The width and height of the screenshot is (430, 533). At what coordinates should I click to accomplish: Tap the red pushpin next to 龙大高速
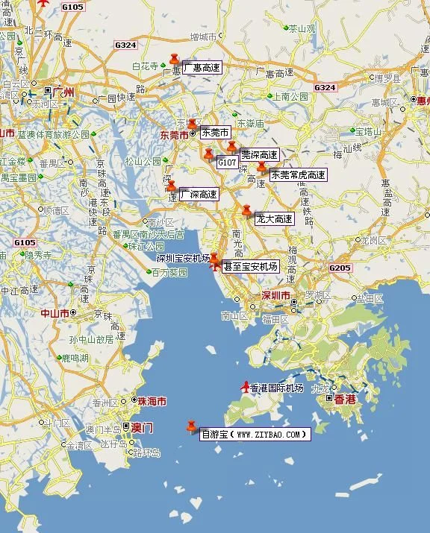pyautogui.click(x=247, y=212)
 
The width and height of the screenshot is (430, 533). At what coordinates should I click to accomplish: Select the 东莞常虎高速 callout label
pyautogui.click(x=298, y=175)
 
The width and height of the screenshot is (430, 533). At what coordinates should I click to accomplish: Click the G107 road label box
pyautogui.click(x=227, y=162)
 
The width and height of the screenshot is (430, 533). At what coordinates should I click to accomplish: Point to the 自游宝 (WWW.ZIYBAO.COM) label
pyautogui.click(x=254, y=434)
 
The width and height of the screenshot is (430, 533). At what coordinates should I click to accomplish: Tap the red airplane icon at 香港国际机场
pyautogui.click(x=246, y=387)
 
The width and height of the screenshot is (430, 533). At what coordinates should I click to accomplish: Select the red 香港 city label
pyautogui.click(x=345, y=400)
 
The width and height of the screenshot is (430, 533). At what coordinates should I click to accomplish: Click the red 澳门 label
pyautogui.click(x=142, y=429)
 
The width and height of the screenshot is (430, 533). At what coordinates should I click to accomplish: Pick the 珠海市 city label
pyautogui.click(x=152, y=401)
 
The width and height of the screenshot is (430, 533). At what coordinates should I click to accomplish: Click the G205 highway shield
pyautogui.click(x=339, y=268)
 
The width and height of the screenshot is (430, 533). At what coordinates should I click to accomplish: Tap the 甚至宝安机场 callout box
pyautogui.click(x=250, y=266)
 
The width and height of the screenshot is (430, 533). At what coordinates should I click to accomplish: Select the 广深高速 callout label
pyautogui.click(x=199, y=195)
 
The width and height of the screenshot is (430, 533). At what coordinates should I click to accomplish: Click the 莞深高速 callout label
pyautogui.click(x=259, y=155)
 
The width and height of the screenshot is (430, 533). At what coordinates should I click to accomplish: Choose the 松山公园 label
pyautogui.click(x=143, y=161)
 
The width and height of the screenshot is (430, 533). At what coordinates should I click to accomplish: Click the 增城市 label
pyautogui.click(x=203, y=36)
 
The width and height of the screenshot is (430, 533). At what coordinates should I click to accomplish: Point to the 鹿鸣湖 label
pyautogui.click(x=75, y=358)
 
